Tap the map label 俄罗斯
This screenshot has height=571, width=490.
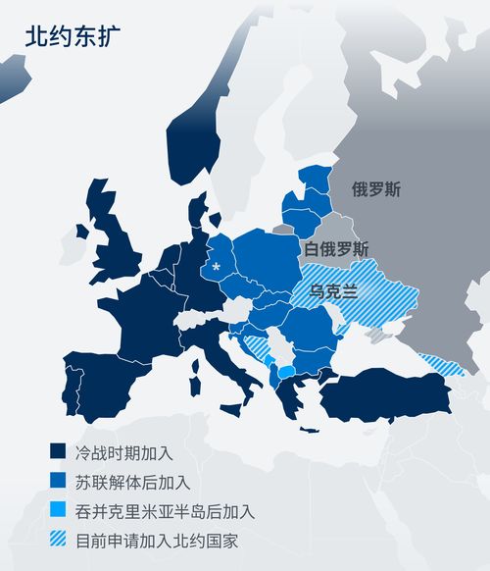pos(376,188)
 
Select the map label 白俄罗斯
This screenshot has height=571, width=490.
pos(336,248)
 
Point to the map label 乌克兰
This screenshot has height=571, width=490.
pos(333,291)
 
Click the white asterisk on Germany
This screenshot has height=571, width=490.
pos(216,266)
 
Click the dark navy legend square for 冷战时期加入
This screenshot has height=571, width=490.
pos(58,452)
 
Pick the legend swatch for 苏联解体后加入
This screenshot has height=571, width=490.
pos(58,482)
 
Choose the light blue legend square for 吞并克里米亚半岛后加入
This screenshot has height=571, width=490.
pos(58,511)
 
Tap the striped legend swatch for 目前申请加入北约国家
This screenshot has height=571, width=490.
pos(58,541)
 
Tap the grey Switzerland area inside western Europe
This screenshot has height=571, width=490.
pos(193,320)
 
